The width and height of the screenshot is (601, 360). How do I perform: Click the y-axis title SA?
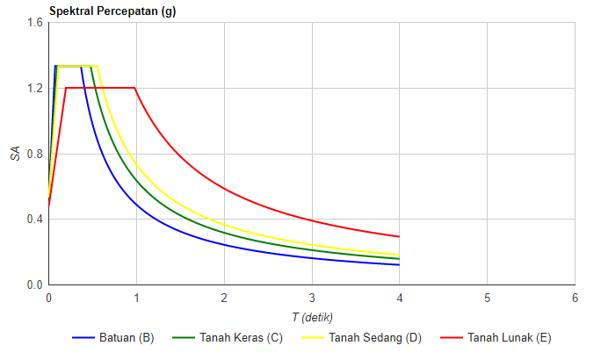(15, 154)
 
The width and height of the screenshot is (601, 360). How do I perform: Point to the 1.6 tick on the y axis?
(34, 22)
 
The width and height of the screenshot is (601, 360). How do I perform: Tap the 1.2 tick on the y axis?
(34, 88)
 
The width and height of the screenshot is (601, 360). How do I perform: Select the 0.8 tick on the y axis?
(34, 154)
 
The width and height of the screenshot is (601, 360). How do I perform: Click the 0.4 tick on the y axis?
(34, 220)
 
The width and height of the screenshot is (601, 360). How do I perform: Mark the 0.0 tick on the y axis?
(34, 285)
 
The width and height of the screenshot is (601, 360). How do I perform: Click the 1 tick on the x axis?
(136, 298)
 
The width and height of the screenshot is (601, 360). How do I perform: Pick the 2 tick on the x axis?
(224, 298)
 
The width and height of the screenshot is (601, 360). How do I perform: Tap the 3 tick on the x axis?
(312, 298)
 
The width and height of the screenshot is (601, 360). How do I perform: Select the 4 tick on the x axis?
(400, 298)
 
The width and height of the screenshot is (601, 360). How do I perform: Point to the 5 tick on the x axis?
(488, 298)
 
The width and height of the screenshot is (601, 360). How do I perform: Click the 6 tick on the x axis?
(575, 298)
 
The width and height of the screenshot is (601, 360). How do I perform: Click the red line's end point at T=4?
(400, 236)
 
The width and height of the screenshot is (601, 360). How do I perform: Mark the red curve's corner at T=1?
(136, 88)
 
